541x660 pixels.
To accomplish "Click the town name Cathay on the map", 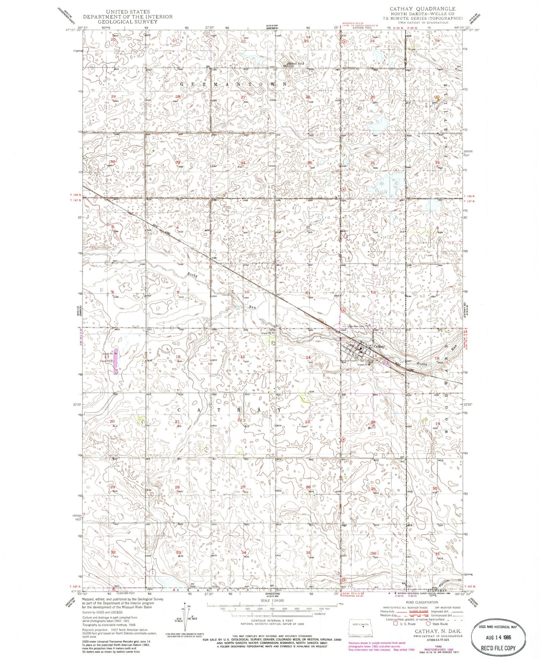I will click(x=379, y=346).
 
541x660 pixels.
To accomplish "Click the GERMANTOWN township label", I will click(x=233, y=84).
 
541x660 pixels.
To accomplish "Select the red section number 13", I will click(x=374, y=356).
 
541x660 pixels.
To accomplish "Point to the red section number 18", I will click(x=437, y=358).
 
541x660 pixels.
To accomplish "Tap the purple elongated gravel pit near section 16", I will click(x=115, y=361).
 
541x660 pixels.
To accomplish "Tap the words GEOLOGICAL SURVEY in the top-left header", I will click(x=128, y=22).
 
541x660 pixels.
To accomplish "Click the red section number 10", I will click(x=247, y=292).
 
